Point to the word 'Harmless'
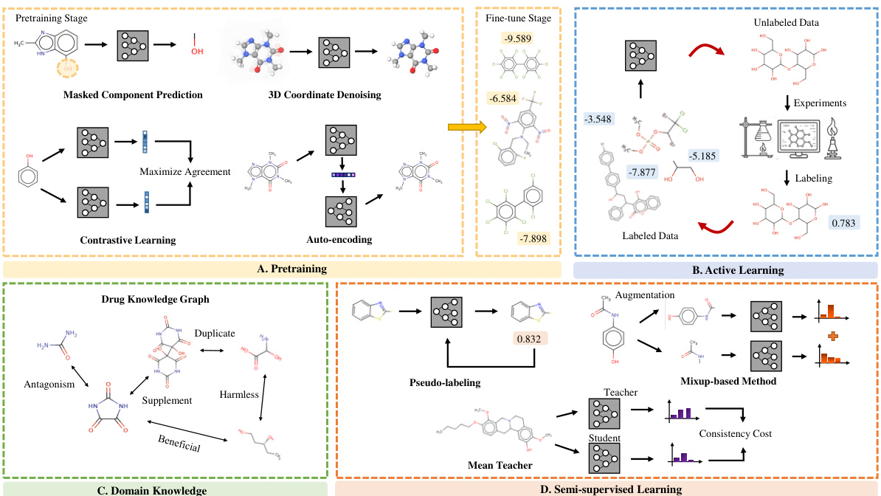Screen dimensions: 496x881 click(238, 394)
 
